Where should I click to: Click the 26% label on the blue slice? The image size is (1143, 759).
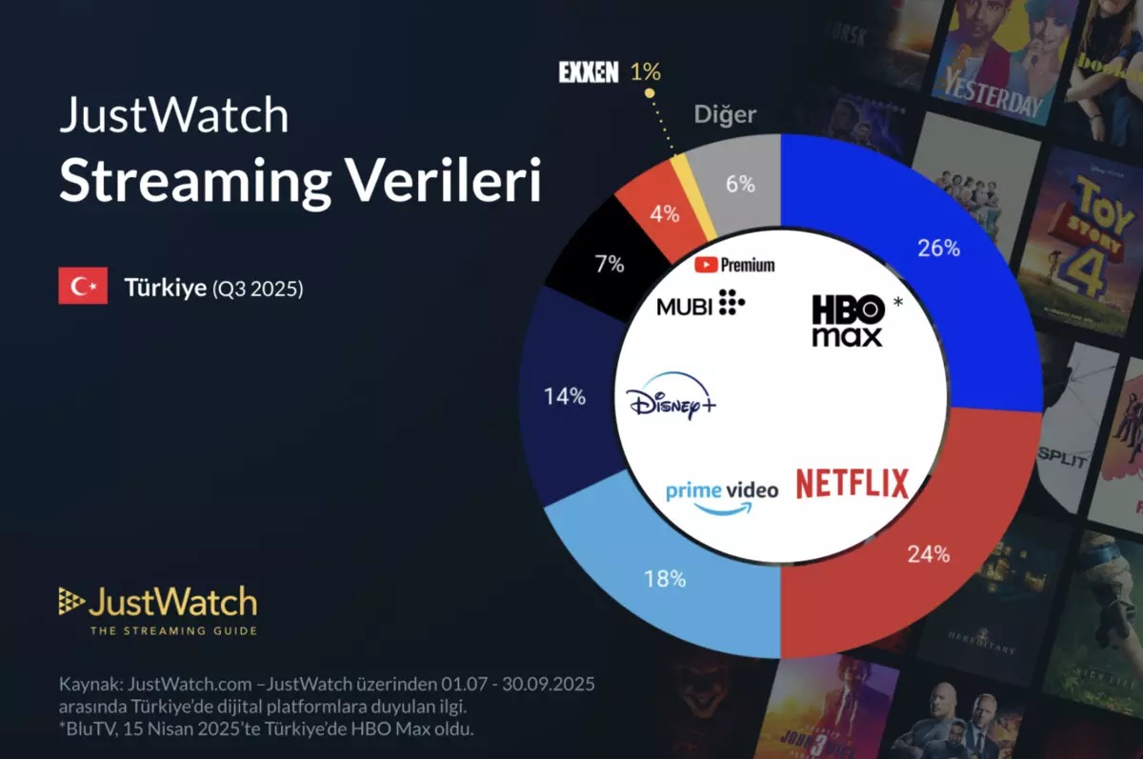[938, 250]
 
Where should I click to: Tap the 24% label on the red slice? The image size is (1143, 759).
[929, 553]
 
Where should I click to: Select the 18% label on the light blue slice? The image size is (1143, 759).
[665, 577]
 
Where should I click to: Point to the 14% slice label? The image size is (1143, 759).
[565, 397]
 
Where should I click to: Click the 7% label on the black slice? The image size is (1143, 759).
[609, 265]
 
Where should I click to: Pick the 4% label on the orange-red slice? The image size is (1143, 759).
[664, 214]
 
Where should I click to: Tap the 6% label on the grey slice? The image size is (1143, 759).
[740, 185]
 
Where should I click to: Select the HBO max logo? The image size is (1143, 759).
[847, 320]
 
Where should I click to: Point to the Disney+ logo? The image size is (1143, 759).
[672, 398]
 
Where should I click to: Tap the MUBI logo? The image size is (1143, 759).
[700, 306]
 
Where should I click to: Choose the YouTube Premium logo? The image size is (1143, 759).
[733, 265]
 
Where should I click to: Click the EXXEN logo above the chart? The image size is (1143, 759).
[588, 72]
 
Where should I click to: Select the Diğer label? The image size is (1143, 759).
[725, 114]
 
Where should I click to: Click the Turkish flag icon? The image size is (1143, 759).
[83, 287]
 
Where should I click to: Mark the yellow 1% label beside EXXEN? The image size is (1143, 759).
[645, 72]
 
